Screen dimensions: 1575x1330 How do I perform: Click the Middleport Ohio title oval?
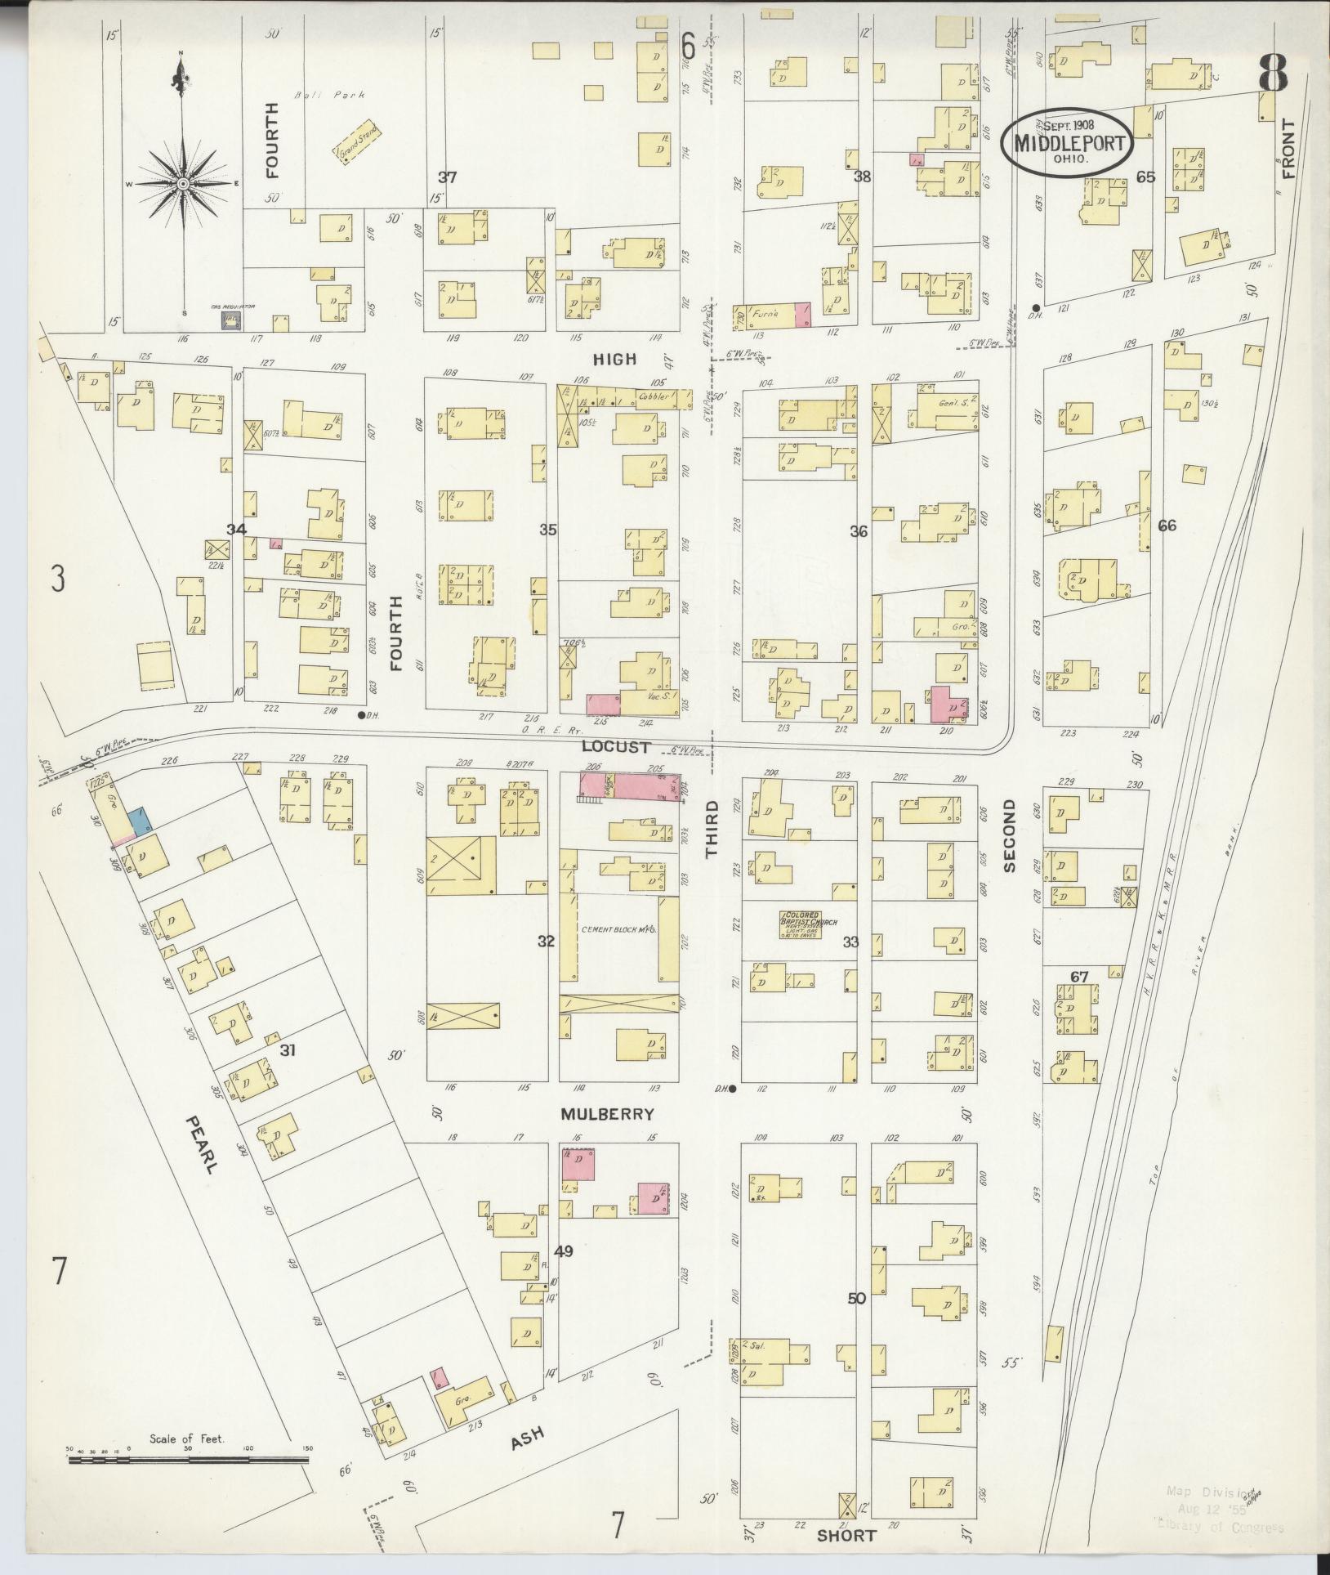click(1068, 141)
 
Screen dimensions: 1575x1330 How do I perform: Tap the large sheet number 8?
click(1273, 74)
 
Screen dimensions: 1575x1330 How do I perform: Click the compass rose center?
click(183, 183)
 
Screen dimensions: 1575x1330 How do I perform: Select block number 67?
click(1079, 976)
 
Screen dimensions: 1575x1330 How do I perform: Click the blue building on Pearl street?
click(140, 820)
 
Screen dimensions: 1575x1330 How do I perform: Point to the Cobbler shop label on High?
click(654, 397)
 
